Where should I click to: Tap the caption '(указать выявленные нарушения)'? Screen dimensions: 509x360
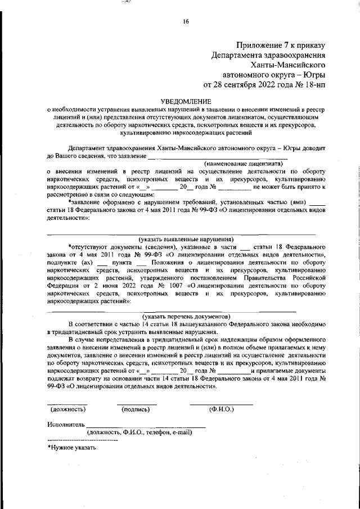[186, 238]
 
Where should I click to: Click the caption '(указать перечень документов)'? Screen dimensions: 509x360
[186, 317]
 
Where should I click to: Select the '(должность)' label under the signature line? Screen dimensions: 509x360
[67, 410]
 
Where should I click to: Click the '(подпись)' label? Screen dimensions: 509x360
[137, 410]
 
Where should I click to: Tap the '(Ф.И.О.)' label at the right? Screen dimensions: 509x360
[221, 410]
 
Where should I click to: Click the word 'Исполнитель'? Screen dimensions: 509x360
[66, 424]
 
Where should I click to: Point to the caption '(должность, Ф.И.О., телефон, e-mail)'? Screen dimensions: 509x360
[139, 433]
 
